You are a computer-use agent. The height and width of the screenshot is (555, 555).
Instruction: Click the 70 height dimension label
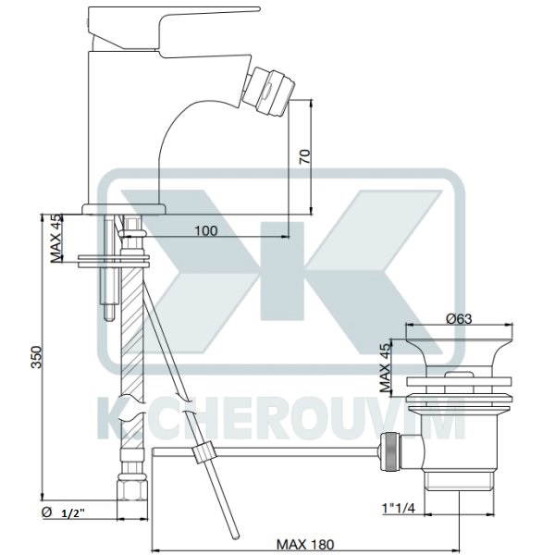point(305,156)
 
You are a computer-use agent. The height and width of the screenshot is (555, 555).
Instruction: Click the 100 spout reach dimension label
point(206,230)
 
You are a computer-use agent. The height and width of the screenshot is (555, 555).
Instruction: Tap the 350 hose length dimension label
point(37,357)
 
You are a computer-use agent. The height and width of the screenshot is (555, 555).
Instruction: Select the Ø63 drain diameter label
point(459,319)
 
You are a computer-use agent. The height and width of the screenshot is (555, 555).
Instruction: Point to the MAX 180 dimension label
point(305,544)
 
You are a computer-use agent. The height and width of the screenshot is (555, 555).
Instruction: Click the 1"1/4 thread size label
point(398,508)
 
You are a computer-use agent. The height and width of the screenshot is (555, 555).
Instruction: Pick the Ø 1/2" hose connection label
point(63,512)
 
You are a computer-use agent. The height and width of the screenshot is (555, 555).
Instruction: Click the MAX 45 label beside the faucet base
point(55,239)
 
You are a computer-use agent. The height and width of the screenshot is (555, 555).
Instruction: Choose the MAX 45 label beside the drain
point(386,367)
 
